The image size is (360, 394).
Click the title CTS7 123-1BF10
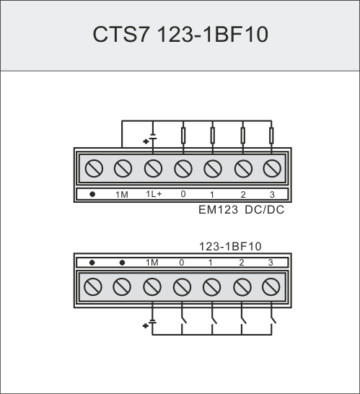point(180,34)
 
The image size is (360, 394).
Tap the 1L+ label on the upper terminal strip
point(154,194)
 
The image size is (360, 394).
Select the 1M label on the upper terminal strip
point(122,195)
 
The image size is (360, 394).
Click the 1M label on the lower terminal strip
point(152,263)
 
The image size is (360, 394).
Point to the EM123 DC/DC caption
point(241,210)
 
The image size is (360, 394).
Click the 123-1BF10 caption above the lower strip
point(230,247)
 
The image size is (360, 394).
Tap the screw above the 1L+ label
point(153,168)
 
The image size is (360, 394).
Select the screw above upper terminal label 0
point(183,169)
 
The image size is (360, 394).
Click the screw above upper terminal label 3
point(272,168)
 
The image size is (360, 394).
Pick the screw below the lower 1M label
point(152,287)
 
